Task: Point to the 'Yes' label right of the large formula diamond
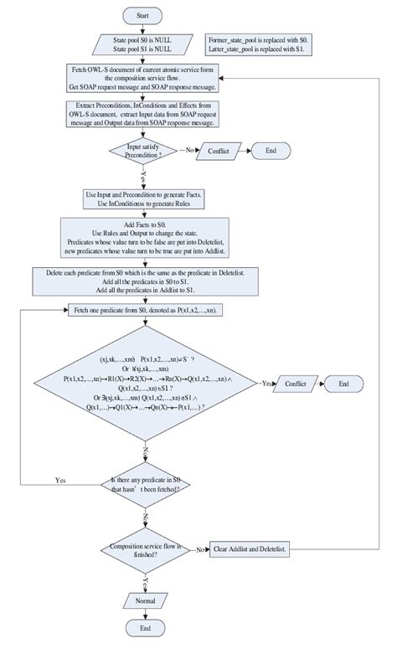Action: click(x=267, y=382)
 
